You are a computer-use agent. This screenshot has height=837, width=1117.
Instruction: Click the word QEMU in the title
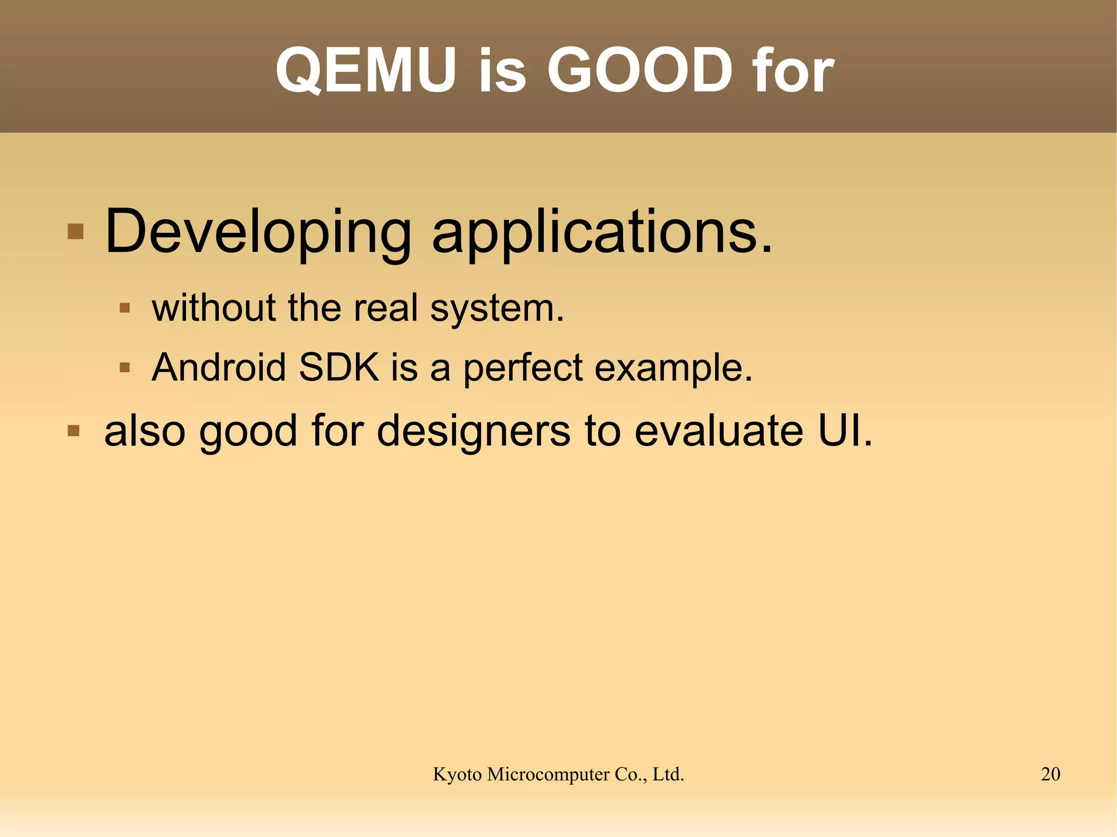coord(366,71)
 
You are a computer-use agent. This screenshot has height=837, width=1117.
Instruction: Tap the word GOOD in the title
coord(640,71)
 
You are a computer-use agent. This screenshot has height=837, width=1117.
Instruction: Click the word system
coord(496,309)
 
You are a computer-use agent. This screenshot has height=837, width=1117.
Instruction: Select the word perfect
coord(523,368)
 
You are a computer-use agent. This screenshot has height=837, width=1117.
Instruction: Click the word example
coord(673,368)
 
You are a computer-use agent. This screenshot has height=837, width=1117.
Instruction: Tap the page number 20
coord(1050,774)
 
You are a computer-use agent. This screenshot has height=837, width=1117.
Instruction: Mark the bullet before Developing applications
coord(75,232)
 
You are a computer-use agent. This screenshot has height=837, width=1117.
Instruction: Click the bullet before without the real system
coord(124,308)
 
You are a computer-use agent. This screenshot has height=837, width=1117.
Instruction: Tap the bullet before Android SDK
coord(124,368)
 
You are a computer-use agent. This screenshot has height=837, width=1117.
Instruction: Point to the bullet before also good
coord(74,431)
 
